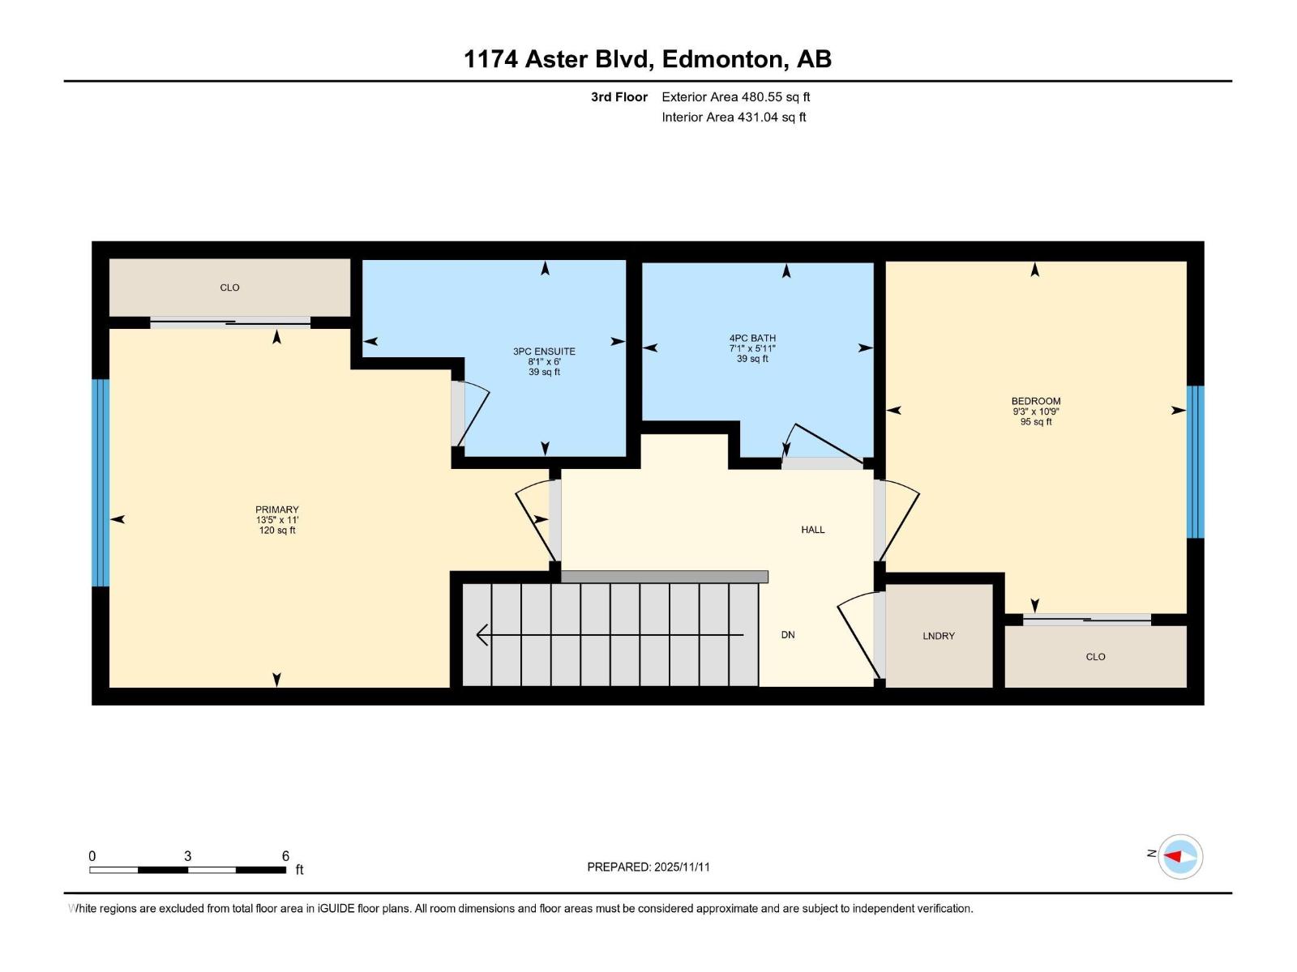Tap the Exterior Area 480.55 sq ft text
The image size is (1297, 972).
tap(735, 97)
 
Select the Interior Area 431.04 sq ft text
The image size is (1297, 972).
tap(734, 117)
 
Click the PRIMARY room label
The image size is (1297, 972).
tap(277, 510)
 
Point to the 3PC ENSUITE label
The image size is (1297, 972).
tap(544, 352)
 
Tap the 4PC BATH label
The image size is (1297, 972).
tap(752, 339)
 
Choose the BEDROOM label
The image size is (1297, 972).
tap(1035, 402)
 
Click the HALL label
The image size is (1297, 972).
tap(812, 530)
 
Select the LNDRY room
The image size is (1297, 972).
tap(938, 636)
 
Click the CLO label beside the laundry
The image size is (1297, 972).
tap(1095, 657)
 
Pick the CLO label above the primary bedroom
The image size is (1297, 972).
tap(229, 288)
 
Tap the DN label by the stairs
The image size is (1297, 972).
tap(787, 635)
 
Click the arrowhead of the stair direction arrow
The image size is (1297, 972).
tap(482, 635)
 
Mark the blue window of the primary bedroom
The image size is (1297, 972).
tap(100, 483)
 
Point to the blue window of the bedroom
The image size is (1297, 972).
tap(1195, 462)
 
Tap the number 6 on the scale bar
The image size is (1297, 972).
tap(285, 856)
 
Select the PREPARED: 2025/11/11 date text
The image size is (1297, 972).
tap(648, 867)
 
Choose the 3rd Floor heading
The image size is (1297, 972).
tap(619, 97)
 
